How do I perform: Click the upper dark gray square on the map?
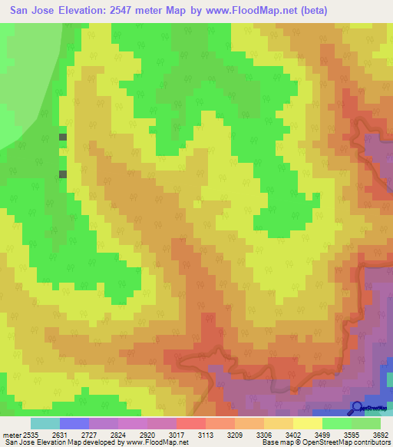(63, 137)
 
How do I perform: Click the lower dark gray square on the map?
(63, 174)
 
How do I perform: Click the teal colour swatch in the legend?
(45, 423)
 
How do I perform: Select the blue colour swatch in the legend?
(74, 423)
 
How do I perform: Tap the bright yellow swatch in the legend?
(308, 423)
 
